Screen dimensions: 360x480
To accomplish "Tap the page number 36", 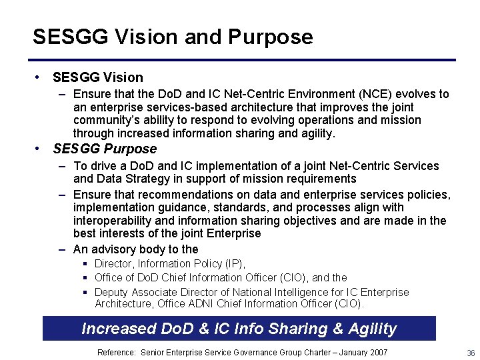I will pyautogui.click(x=471, y=353).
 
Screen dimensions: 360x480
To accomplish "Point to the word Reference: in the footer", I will pyautogui.click(x=117, y=352).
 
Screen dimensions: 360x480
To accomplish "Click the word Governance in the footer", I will pyautogui.click(x=253, y=352).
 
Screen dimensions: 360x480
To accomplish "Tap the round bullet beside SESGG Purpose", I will pyautogui.click(x=40, y=149).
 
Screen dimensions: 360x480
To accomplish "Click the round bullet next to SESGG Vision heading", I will pyautogui.click(x=40, y=77).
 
